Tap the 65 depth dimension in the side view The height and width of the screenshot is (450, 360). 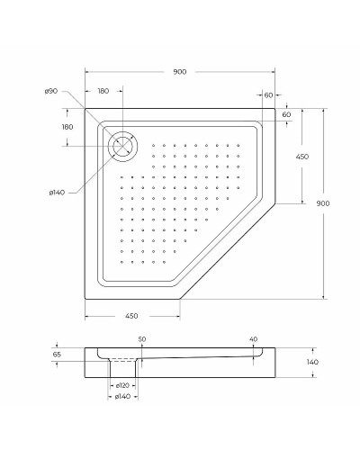click(57, 355)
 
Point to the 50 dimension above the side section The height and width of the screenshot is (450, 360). click(141, 339)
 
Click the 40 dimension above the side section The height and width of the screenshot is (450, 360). click(253, 339)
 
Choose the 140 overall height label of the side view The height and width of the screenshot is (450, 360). click(311, 361)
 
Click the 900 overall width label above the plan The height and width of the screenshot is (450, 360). click(180, 72)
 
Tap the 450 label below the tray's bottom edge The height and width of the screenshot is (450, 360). click(131, 316)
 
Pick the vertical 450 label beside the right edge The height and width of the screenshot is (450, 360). click(302, 157)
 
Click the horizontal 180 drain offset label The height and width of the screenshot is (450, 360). click(103, 92)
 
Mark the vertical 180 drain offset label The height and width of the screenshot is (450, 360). click(67, 127)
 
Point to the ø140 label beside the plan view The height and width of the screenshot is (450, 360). click(56, 191)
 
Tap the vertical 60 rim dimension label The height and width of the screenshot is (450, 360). click(286, 115)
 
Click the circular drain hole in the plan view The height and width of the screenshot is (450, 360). click(121, 145)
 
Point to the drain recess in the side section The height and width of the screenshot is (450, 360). click(124, 362)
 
